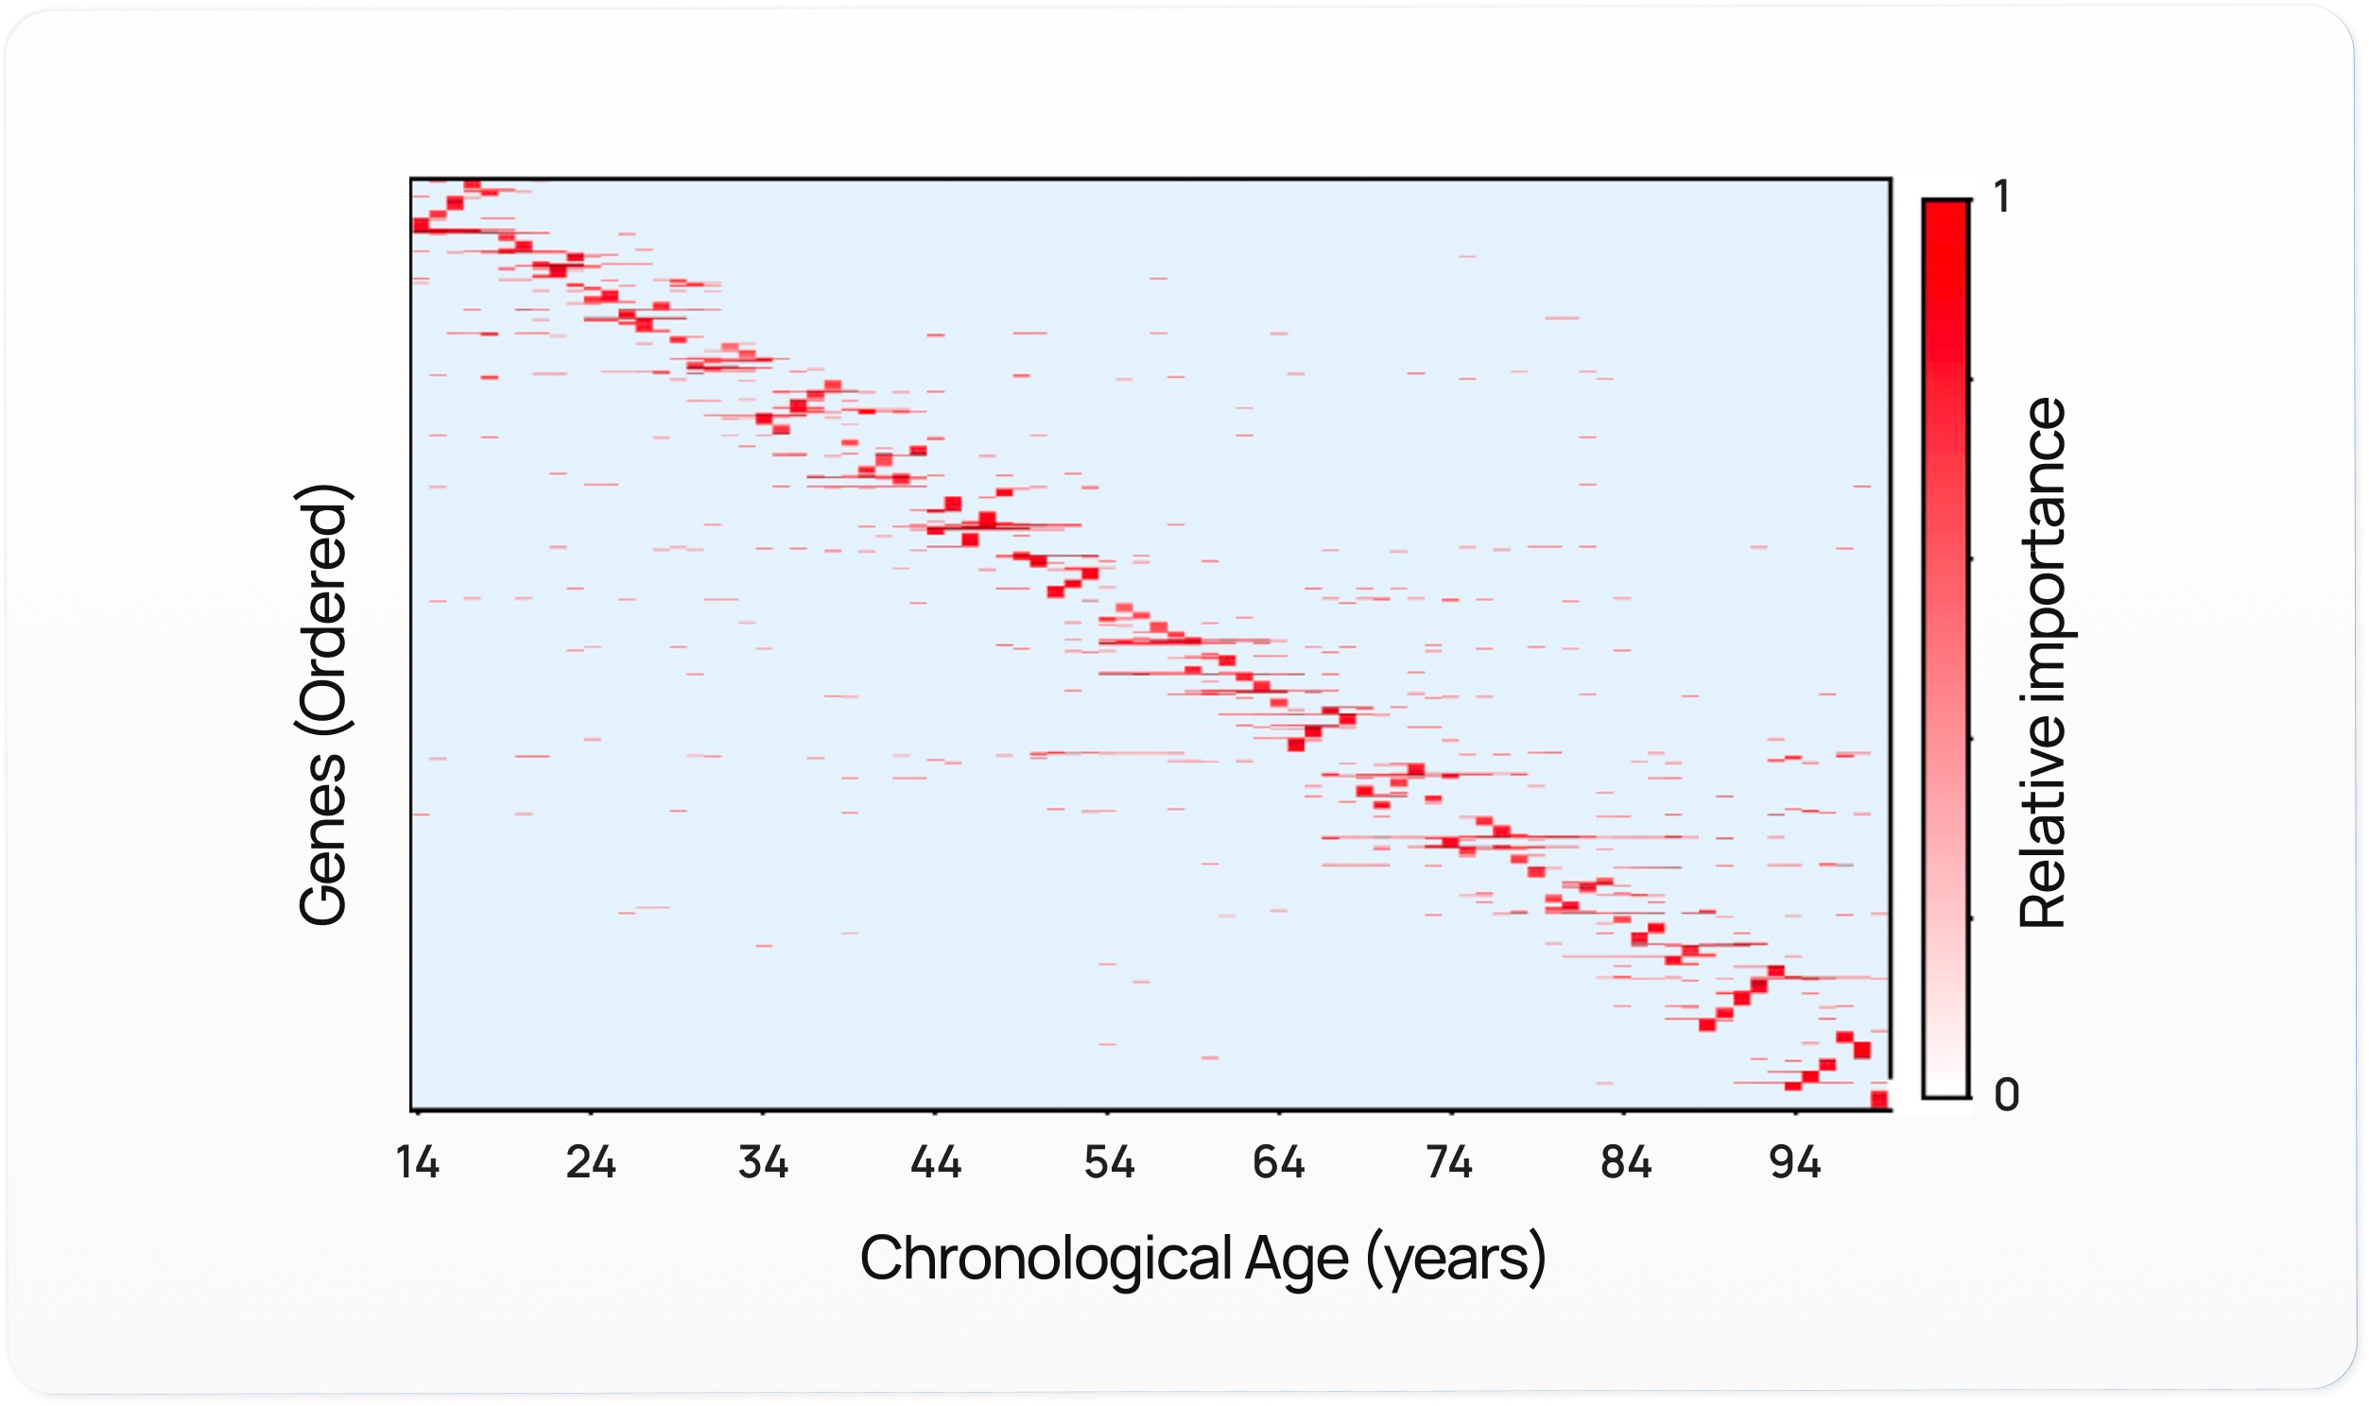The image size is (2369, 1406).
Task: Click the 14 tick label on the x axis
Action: pyautogui.click(x=418, y=1162)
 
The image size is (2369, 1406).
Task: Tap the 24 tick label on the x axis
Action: pyautogui.click(x=590, y=1162)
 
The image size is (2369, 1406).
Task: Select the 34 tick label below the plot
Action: pyautogui.click(x=763, y=1162)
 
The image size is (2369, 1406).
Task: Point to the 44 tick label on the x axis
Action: pyautogui.click(x=935, y=1162)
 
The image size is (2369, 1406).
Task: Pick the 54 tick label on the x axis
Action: pyautogui.click(x=1108, y=1162)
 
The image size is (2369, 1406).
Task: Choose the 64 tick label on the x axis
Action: pyautogui.click(x=1279, y=1162)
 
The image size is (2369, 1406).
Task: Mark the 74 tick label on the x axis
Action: pyautogui.click(x=1450, y=1162)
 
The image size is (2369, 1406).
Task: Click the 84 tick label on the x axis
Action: pyautogui.click(x=1625, y=1162)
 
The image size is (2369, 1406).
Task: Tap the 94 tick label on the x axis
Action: pyautogui.click(x=1795, y=1162)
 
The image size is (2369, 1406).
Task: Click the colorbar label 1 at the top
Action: pyautogui.click(x=2001, y=197)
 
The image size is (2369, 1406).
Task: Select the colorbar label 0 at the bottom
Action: pyautogui.click(x=2006, y=1095)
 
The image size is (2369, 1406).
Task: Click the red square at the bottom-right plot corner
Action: pyautogui.click(x=1879, y=1099)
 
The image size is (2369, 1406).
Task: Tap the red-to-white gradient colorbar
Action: pyautogui.click(x=1945, y=648)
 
